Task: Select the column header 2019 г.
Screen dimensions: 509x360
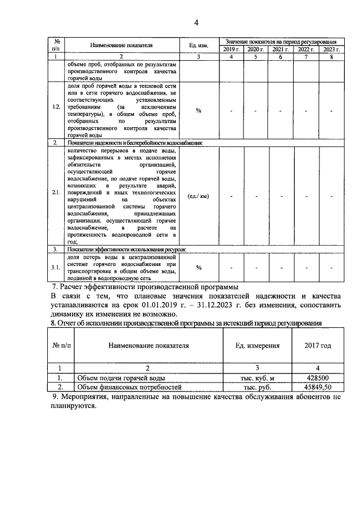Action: [231, 49]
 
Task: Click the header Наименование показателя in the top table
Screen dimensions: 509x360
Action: [121, 45]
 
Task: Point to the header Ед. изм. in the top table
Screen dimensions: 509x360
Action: [199, 45]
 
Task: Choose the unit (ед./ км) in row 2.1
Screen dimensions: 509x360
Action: [199, 196]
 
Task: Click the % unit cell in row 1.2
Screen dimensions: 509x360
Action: [199, 110]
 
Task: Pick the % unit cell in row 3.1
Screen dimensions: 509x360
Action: [199, 267]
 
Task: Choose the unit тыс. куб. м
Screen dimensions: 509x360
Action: [258, 378]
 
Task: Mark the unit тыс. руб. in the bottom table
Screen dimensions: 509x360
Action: [258, 388]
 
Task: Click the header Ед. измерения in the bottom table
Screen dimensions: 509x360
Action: [258, 345]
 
